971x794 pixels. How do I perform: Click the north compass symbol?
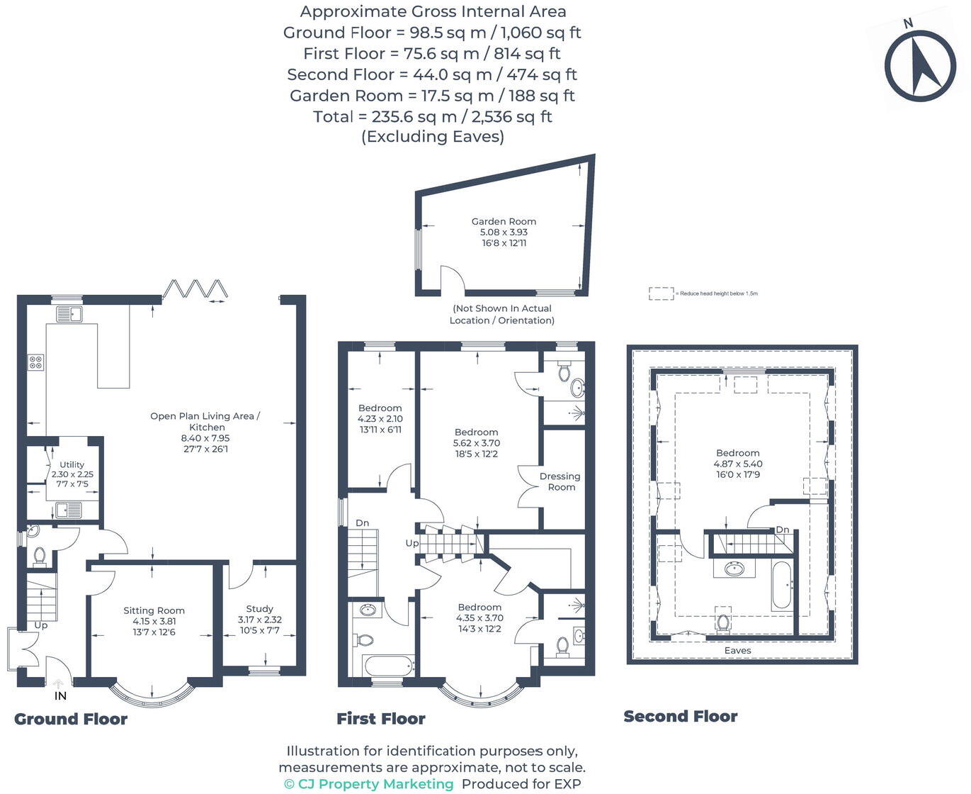point(920,66)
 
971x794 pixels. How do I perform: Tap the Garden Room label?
point(504,221)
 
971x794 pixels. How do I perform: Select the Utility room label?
point(72,464)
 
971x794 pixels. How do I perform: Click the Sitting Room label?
point(154,610)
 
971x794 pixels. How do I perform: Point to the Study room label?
point(259,608)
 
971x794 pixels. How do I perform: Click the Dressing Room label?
point(560,481)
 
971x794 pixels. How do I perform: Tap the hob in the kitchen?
point(35,362)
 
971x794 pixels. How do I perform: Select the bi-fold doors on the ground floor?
point(195,289)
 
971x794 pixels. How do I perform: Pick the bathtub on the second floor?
point(782,586)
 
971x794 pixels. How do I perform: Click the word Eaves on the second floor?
point(737,650)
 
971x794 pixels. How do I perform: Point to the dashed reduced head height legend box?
point(661,293)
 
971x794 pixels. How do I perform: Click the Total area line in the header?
point(432,116)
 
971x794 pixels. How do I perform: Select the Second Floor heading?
point(680,716)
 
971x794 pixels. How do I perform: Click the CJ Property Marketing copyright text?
point(368,783)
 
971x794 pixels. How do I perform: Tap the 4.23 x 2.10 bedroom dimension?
point(380,418)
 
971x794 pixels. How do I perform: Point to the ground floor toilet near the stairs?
point(40,556)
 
